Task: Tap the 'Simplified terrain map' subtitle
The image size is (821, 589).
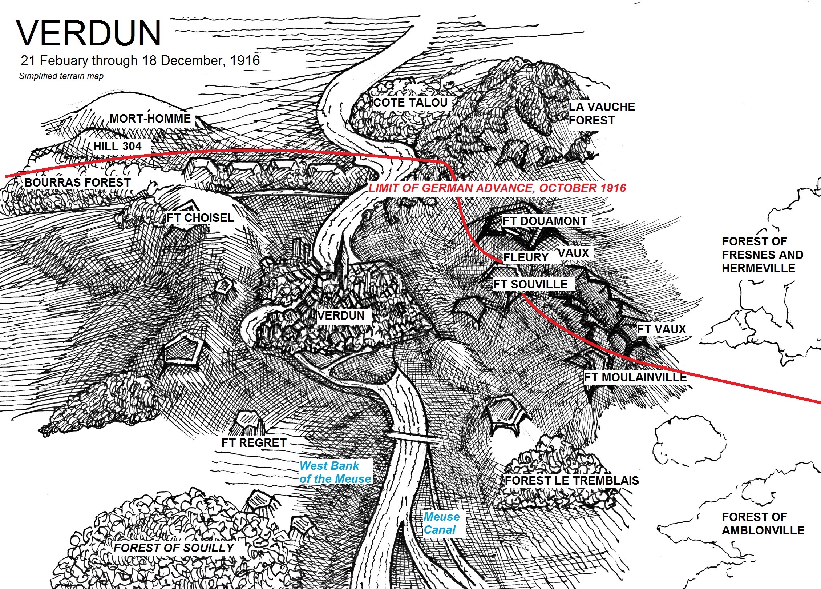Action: (x=61, y=76)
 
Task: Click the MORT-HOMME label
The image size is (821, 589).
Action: (x=150, y=119)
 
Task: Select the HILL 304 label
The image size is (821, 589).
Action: (x=117, y=146)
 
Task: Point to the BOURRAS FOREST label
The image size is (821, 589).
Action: (x=77, y=182)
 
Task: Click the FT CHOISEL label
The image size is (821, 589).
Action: (x=200, y=218)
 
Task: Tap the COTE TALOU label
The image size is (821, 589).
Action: (x=410, y=103)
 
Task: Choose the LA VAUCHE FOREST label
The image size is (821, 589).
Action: (x=601, y=113)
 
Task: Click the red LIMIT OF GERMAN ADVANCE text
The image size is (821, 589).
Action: (x=497, y=188)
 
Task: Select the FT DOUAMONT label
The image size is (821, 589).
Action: (x=545, y=221)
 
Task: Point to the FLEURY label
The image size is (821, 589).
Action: (x=526, y=257)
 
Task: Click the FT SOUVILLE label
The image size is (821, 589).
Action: (x=530, y=284)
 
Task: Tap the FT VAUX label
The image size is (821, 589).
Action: (x=661, y=329)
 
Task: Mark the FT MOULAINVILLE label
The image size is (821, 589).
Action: (x=635, y=377)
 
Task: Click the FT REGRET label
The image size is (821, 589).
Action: (x=254, y=443)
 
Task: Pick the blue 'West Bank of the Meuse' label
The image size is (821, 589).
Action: (x=335, y=472)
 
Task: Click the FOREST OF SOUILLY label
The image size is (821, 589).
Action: (x=174, y=548)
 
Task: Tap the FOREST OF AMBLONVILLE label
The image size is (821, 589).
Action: (x=763, y=524)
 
